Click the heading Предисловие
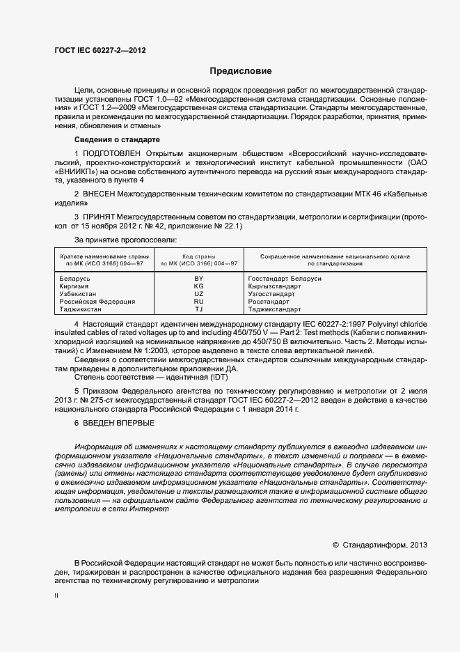(241, 71)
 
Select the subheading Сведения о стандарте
(112, 140)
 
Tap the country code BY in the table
(198, 279)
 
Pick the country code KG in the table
(198, 286)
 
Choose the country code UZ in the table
(198, 294)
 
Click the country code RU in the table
(198, 302)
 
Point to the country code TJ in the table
(198, 309)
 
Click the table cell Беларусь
(76, 279)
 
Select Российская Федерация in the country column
(97, 302)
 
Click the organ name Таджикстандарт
(274, 309)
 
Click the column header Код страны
(198, 257)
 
